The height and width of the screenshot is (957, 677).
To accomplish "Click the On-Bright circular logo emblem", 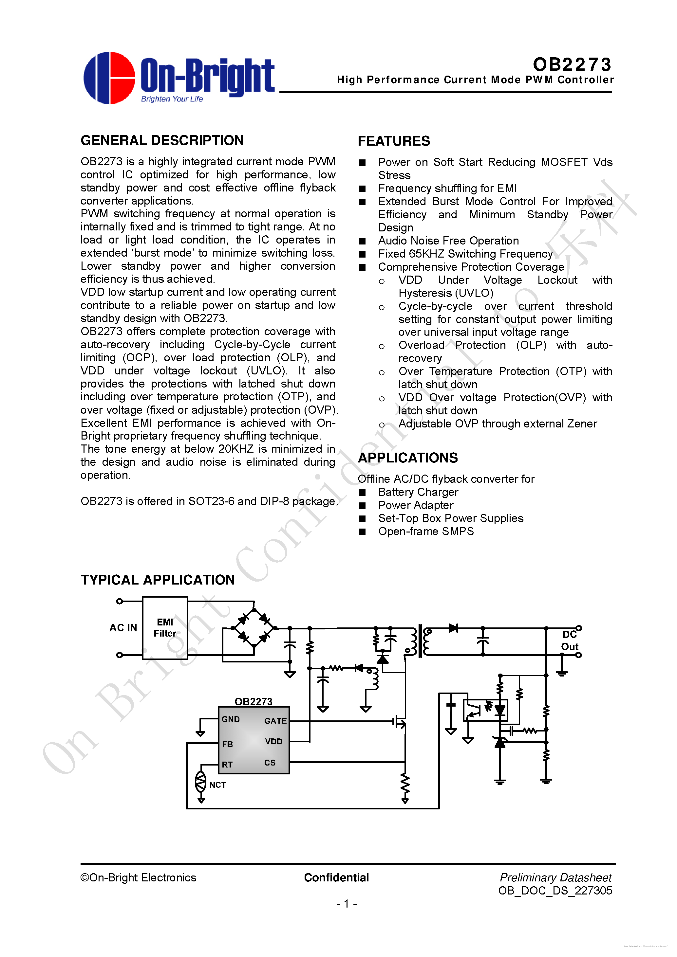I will click(x=109, y=78).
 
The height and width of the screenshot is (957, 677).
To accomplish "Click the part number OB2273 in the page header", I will click(x=572, y=64).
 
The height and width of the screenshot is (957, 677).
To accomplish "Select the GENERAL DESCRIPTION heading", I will click(x=162, y=140).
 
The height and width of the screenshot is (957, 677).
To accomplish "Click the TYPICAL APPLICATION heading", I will click(x=158, y=580).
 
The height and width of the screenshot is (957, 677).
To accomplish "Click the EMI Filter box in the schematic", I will click(x=165, y=628).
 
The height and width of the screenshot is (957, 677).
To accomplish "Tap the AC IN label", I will click(x=123, y=628).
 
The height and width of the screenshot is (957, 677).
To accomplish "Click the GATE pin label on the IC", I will click(x=275, y=721).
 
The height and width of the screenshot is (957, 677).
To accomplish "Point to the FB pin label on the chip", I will click(x=227, y=744).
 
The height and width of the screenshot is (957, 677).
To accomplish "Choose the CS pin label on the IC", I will click(x=270, y=762).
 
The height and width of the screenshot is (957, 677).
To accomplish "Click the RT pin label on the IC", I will click(x=227, y=765).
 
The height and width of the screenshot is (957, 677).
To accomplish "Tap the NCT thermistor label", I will click(x=217, y=785).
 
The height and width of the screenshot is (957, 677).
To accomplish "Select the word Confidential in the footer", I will click(x=336, y=877).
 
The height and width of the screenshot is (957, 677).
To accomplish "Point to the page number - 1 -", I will click(x=346, y=904).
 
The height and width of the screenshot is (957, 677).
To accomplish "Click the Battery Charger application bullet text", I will click(x=418, y=492).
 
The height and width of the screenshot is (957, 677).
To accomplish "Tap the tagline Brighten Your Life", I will click(x=172, y=99).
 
